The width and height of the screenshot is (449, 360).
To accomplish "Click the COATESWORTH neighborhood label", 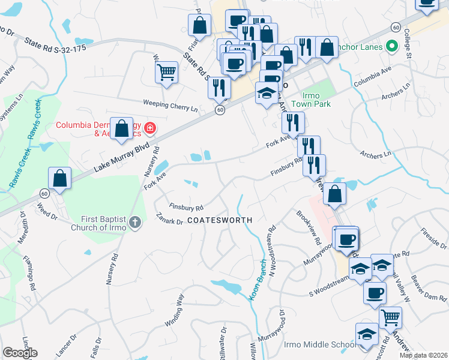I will pos(218,220).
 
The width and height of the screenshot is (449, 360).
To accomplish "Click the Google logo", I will pos(20,353).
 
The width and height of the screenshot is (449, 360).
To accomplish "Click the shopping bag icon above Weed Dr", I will pos(60,178).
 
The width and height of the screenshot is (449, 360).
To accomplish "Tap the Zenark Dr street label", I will pos(168,220).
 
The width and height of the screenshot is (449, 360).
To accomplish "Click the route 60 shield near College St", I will pos(395,27).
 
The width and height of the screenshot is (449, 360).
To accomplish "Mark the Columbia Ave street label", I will pos(372,77).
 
